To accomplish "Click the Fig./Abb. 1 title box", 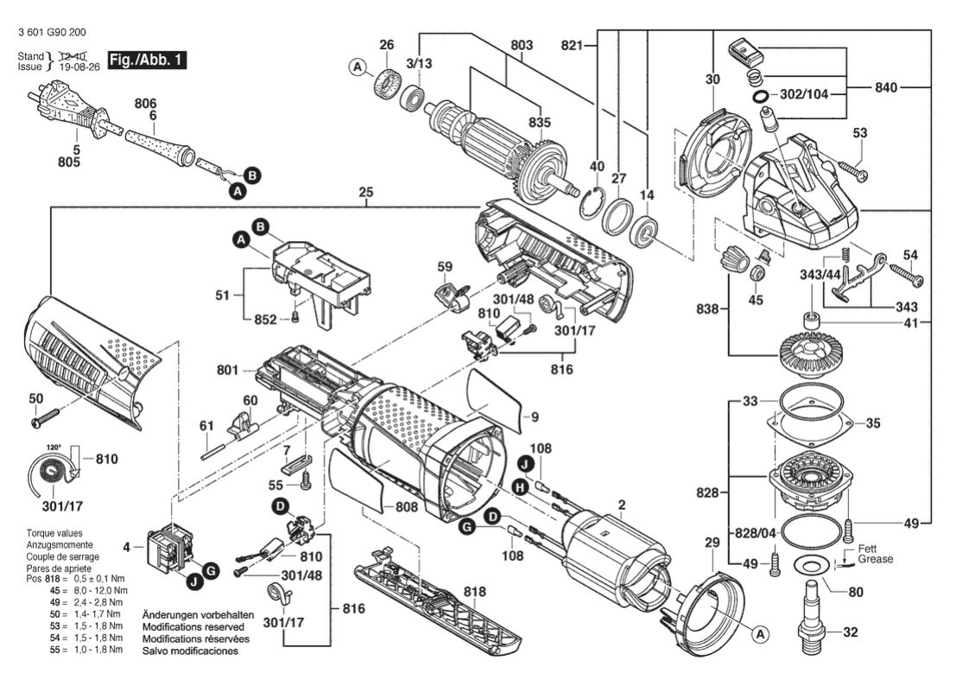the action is click(147, 60).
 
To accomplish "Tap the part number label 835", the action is click(540, 123).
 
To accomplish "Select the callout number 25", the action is click(366, 192).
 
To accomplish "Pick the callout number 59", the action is click(444, 267).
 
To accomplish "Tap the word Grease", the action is click(875, 559).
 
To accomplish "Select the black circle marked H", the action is click(520, 488).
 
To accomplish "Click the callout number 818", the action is click(475, 592).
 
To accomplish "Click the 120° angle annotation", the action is click(54, 447).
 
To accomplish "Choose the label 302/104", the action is click(804, 94).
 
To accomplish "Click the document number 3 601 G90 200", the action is click(53, 32).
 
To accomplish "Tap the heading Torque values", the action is click(54, 533).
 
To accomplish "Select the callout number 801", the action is click(227, 370).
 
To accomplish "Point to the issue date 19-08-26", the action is click(79, 67).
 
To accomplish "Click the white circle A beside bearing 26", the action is click(358, 67).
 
